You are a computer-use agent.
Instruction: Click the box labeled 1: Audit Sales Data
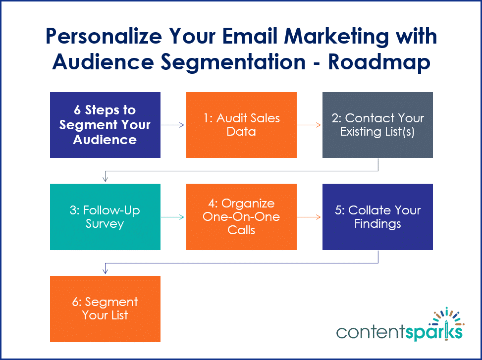point(241,125)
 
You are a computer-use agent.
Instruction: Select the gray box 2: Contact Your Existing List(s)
point(377,125)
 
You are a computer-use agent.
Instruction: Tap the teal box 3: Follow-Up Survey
point(105,217)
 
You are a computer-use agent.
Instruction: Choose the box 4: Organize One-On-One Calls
point(241,217)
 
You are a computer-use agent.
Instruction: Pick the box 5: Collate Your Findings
point(377,217)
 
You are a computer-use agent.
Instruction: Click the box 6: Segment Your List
point(105,309)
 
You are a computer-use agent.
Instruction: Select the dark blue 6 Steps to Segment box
point(105,125)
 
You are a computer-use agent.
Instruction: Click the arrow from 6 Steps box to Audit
point(173,125)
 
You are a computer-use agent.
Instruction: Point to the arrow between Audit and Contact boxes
point(309,125)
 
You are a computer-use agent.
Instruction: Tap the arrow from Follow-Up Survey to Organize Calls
point(173,217)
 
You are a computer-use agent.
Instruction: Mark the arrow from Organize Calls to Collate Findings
point(309,217)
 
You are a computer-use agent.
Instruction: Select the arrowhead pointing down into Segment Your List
point(105,272)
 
